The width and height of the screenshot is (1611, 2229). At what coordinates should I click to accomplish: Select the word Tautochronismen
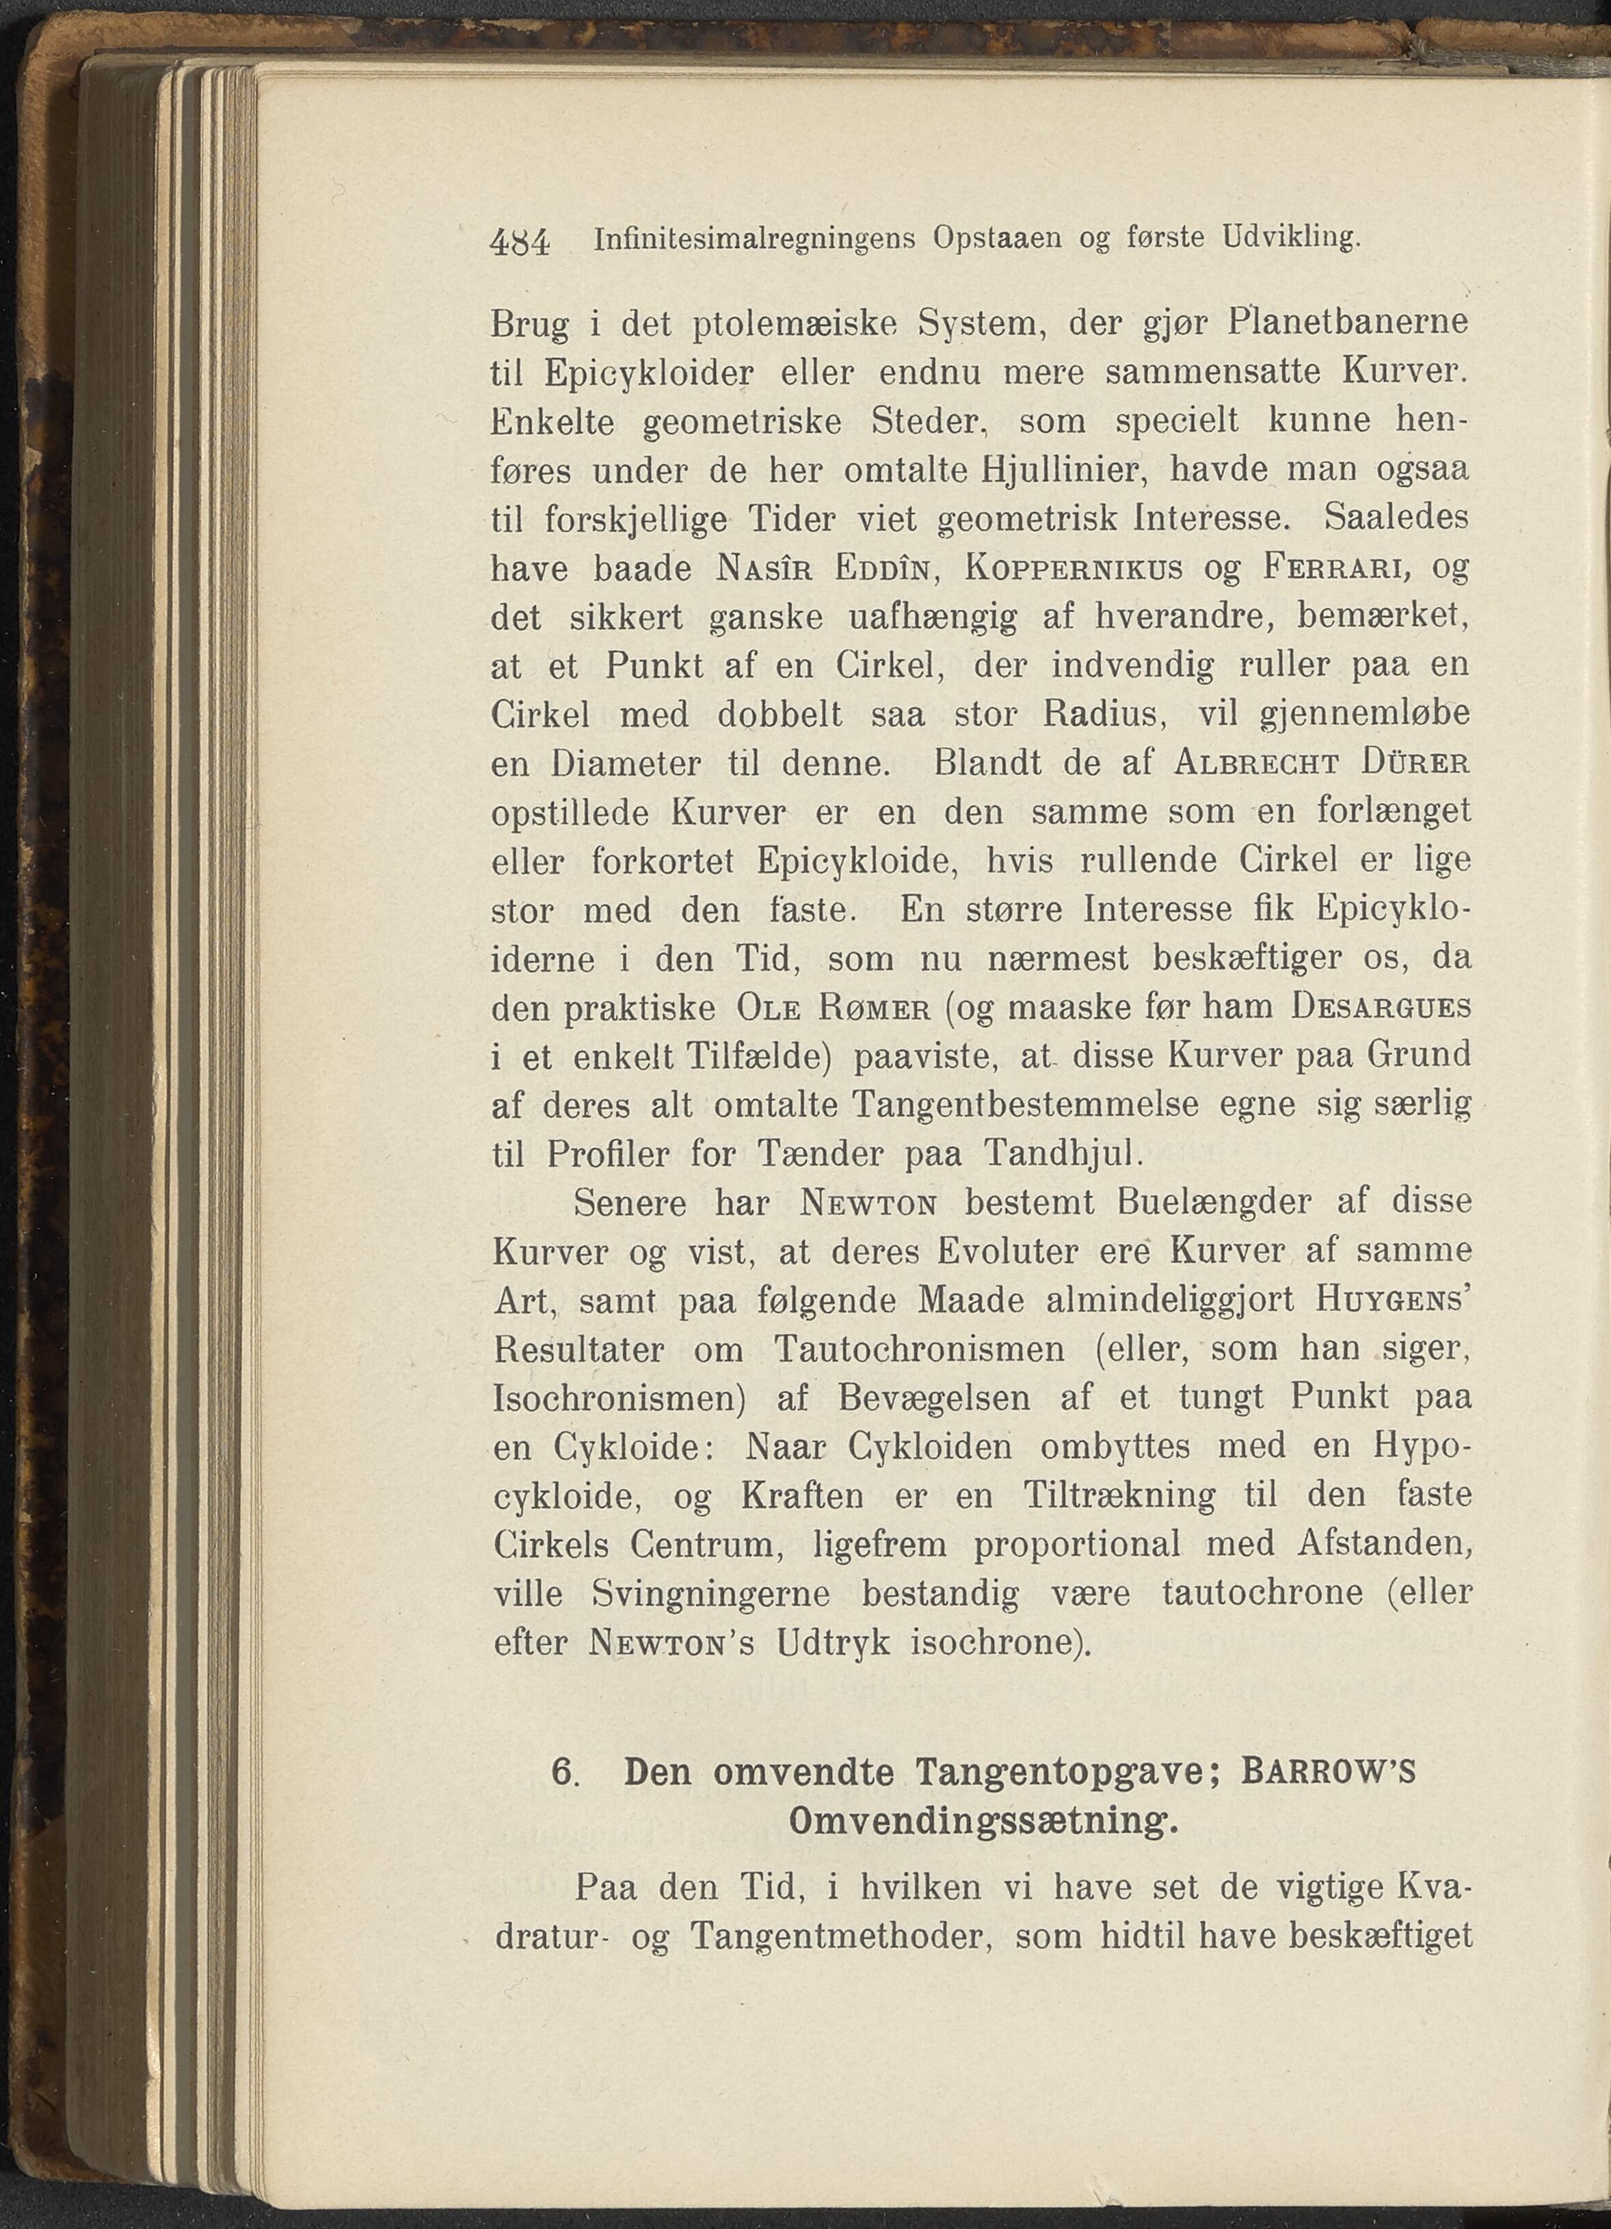coord(919,1350)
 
